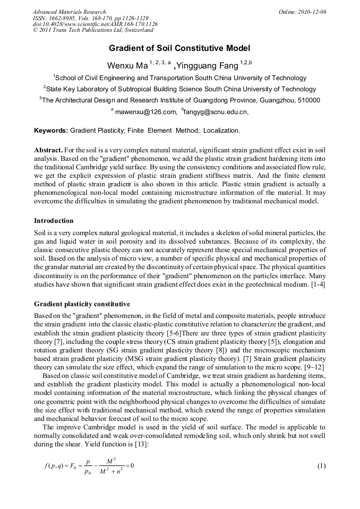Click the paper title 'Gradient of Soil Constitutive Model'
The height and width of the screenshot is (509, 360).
(179, 48)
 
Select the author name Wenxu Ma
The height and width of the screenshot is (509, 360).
(127, 66)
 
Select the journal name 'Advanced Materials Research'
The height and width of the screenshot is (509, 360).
(69, 12)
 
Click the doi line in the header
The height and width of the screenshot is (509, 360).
(95, 24)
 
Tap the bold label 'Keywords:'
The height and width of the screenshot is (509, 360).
(51, 130)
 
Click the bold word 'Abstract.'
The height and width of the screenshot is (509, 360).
(50, 150)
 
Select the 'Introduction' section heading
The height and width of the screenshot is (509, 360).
(54, 220)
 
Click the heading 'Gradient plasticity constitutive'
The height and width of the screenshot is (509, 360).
(82, 304)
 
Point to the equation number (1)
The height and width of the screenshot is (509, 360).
(321, 466)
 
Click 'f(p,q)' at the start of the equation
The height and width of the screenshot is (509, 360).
(56, 467)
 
